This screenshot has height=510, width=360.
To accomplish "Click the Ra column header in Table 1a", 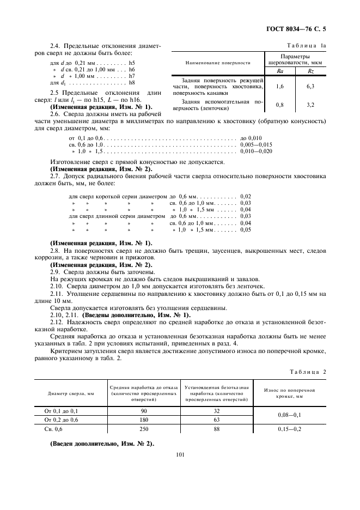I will tap(280, 70).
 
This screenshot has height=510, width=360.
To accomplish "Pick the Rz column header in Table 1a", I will tap(310, 70).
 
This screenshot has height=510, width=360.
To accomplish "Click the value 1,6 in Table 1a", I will tap(280, 86).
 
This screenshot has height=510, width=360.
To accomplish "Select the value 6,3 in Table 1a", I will tap(310, 86).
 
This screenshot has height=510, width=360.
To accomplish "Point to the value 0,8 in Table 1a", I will tap(280, 105).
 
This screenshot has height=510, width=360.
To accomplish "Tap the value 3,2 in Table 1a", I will tap(310, 105).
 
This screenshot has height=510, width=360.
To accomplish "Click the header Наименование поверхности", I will tap(218, 63).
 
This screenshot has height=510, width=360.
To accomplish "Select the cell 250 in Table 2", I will tap(144, 429).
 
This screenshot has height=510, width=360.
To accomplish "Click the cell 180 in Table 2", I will tap(144, 420).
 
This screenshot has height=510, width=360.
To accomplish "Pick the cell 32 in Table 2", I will tap(217, 410).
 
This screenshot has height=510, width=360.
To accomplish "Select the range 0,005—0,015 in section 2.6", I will tap(255, 144).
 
